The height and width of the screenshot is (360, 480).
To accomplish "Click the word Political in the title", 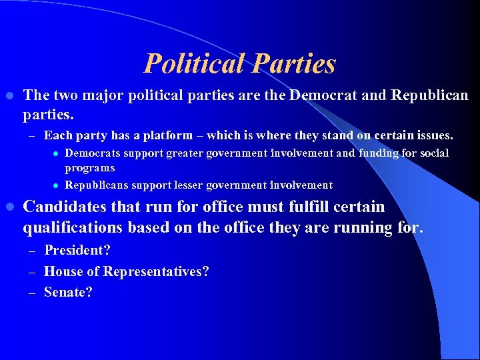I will click(x=193, y=64).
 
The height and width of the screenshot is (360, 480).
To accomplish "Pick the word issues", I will click(x=431, y=135).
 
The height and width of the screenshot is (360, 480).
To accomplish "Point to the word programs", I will click(x=90, y=168).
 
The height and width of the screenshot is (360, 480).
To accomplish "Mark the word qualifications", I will click(x=72, y=227).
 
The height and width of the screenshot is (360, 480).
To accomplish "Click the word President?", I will click(x=77, y=251).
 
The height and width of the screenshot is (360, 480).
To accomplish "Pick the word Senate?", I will click(x=68, y=291).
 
